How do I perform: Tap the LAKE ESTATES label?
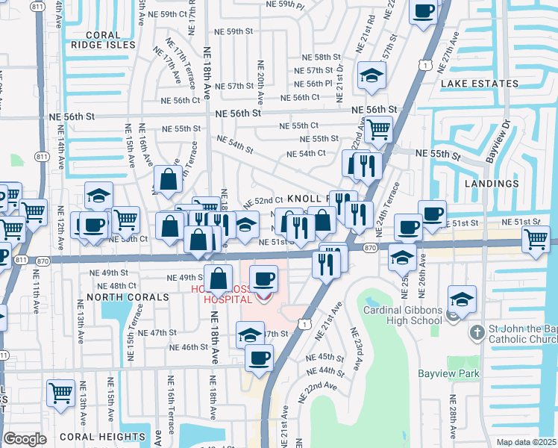point(479,84)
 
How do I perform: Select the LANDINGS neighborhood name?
point(491,183)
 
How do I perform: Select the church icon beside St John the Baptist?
point(478,331)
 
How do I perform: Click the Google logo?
point(25,439)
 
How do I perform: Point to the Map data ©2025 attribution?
point(527,442)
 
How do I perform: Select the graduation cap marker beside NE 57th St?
point(371,75)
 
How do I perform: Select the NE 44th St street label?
point(321,370)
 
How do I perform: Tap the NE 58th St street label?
point(321,57)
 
